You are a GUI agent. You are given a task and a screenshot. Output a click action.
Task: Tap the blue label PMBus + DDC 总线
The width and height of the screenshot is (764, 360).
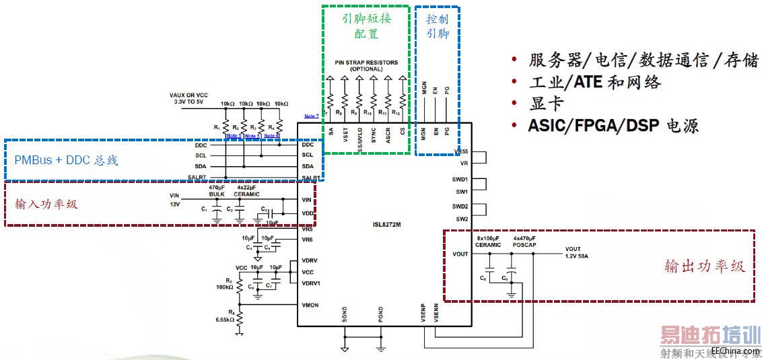click(x=65, y=161)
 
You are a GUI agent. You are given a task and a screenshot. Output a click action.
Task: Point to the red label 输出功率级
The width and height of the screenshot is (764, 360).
click(x=704, y=266)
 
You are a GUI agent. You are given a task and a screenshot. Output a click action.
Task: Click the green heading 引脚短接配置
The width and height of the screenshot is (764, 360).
click(x=366, y=26)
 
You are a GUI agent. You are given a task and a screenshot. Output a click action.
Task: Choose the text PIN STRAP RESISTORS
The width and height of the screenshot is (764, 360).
click(x=366, y=63)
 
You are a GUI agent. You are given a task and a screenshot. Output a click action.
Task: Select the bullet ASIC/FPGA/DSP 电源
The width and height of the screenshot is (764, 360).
click(x=613, y=125)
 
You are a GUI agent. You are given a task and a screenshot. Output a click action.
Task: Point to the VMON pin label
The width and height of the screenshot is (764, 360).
click(x=310, y=305)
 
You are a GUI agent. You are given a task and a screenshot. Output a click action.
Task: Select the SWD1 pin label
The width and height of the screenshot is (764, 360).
click(x=460, y=180)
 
